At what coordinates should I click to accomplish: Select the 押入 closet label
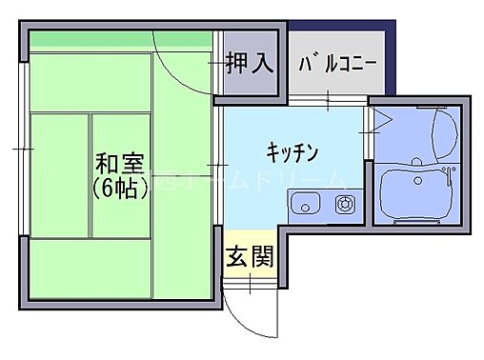coord(250,63)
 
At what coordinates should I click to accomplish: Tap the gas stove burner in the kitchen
coord(343,203)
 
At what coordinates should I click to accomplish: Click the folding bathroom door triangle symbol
coord(379,121)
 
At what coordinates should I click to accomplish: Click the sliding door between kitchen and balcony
coord(329,100)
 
